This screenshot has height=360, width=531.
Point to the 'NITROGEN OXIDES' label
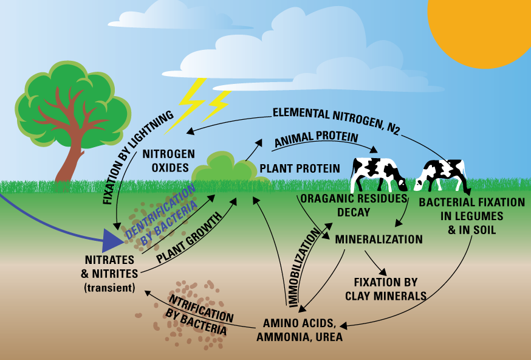[x=168, y=160]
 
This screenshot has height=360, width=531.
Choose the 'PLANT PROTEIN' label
[x=300, y=167]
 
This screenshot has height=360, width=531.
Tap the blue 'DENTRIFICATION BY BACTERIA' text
[x=163, y=215]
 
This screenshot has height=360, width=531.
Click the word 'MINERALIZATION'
[x=379, y=239]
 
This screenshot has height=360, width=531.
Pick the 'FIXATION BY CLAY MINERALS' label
[x=385, y=289]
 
